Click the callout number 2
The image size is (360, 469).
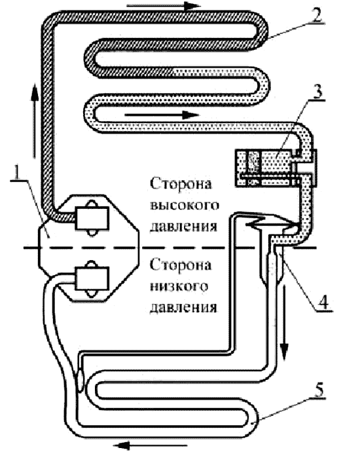click(315, 13)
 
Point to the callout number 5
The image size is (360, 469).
click(319, 388)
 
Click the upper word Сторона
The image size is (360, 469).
click(181, 183)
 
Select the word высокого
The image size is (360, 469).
click(185, 206)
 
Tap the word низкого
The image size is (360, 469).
click(179, 286)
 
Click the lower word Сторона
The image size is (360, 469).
click(181, 265)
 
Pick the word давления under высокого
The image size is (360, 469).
click(183, 227)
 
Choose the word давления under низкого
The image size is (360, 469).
click(183, 308)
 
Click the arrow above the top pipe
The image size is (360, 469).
click(163, 6)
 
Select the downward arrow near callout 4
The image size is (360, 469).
click(285, 322)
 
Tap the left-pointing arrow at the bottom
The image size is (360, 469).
click(151, 446)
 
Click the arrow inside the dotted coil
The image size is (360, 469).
click(162, 115)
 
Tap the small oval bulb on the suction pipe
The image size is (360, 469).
click(81, 379)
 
